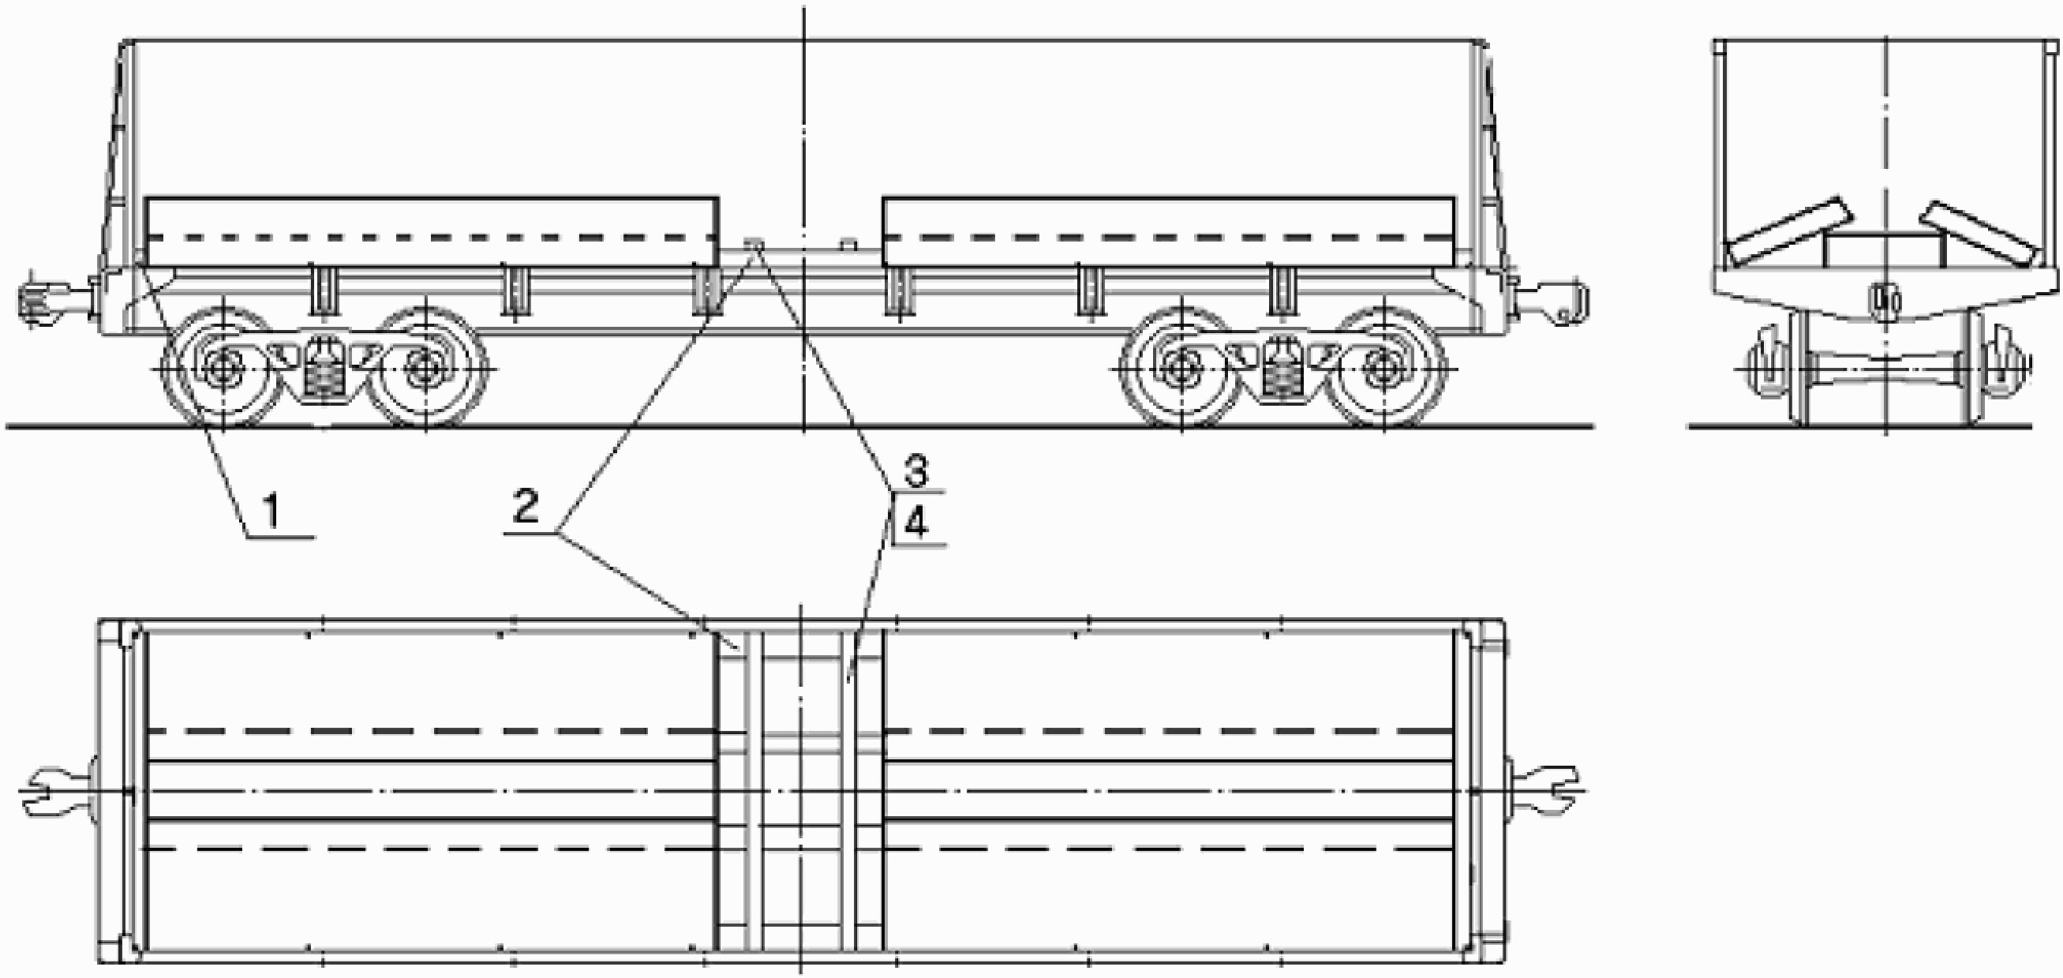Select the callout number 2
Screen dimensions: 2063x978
(526, 507)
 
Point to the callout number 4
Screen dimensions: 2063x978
(916, 525)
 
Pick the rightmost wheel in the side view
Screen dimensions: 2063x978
(1383, 369)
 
